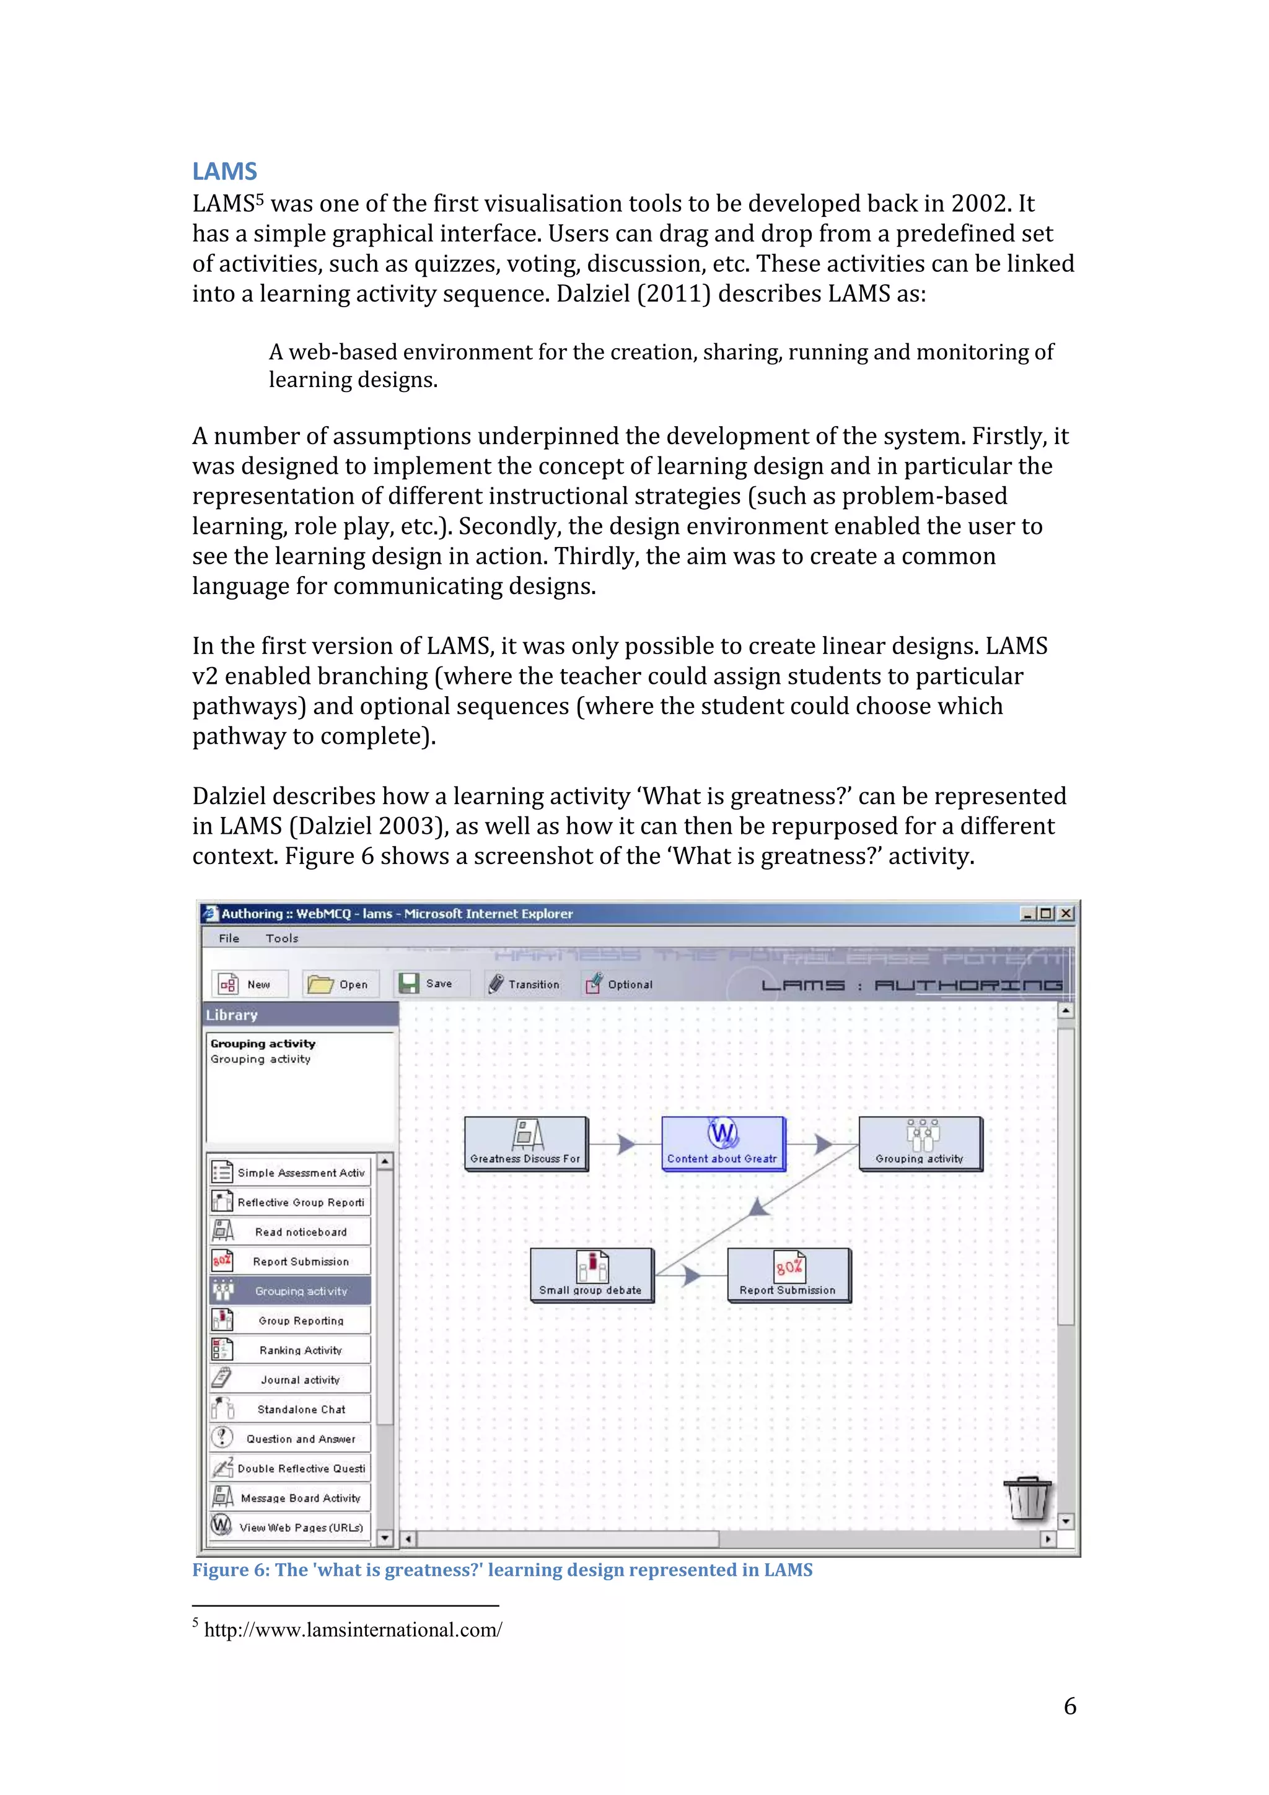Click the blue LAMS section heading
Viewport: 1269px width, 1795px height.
point(224,171)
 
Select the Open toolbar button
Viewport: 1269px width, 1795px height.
point(340,984)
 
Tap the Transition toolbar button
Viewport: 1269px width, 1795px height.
point(524,984)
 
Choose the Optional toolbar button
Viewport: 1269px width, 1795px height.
point(618,984)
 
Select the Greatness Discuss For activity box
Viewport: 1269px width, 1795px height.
point(525,1143)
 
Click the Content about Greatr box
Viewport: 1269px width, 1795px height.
point(722,1143)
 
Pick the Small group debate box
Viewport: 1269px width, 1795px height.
point(591,1274)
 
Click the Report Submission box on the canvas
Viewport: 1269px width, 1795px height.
point(788,1274)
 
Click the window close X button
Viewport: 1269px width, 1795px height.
point(1066,913)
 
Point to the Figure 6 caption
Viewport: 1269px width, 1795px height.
point(502,1570)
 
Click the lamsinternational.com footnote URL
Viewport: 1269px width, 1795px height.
point(353,1630)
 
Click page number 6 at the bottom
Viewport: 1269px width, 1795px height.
point(1069,1706)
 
